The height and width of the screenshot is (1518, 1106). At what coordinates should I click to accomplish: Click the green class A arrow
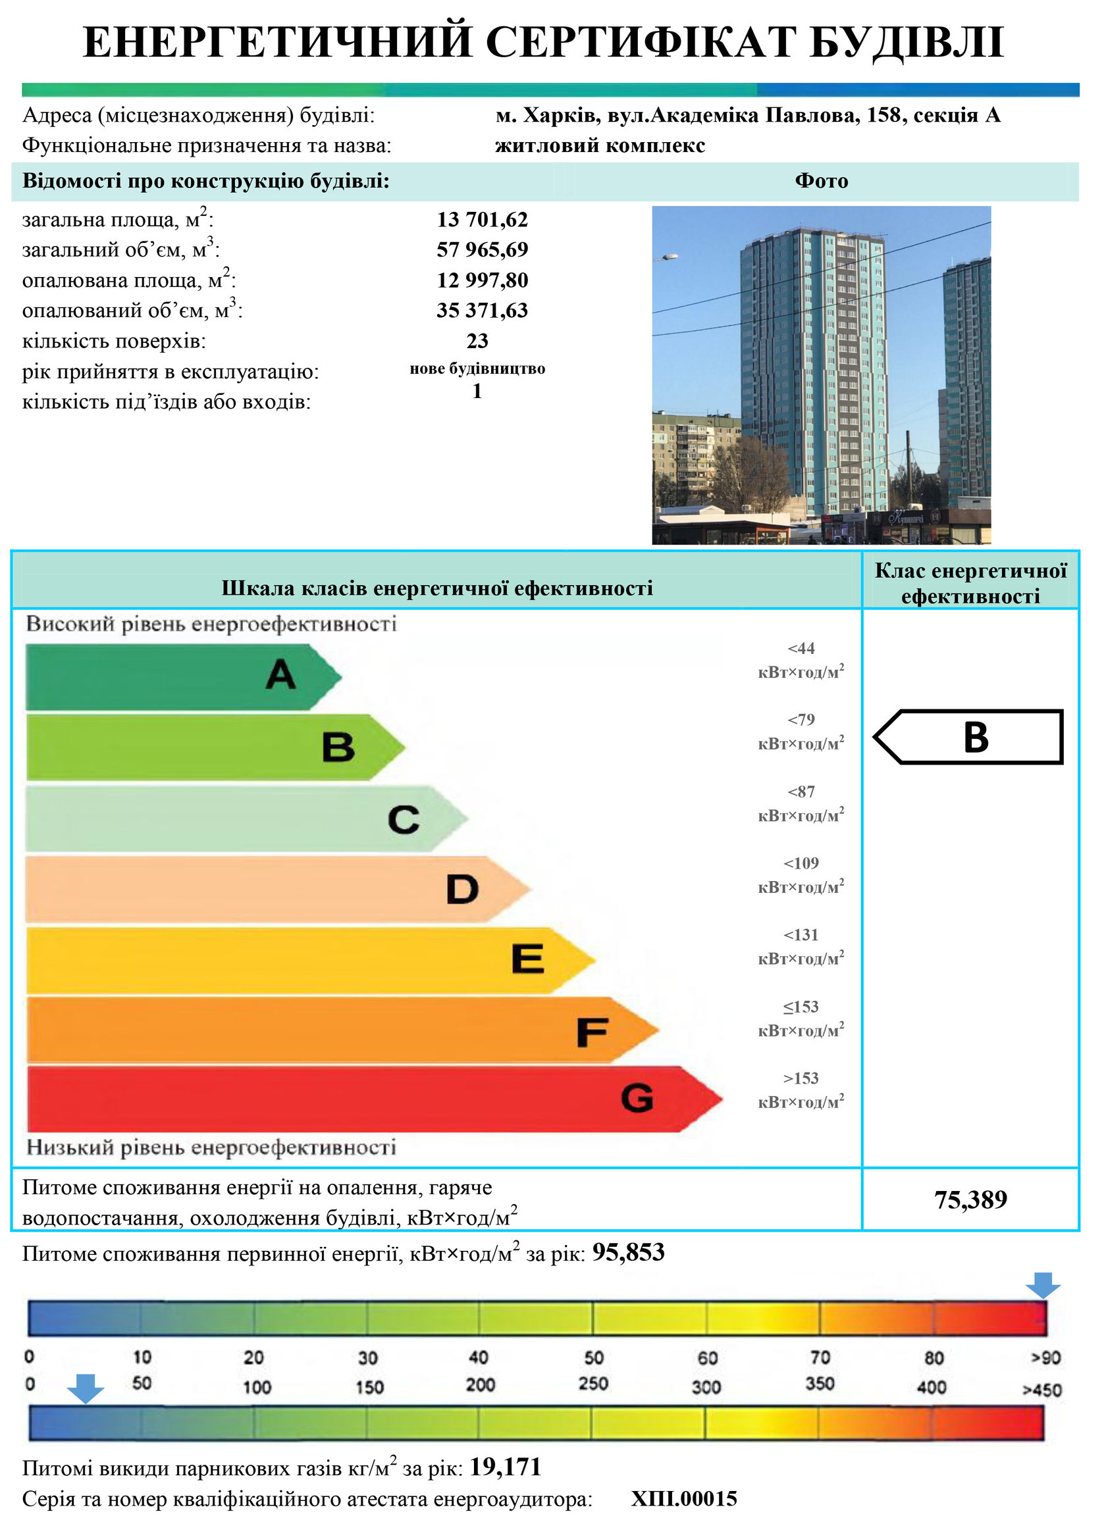tap(181, 676)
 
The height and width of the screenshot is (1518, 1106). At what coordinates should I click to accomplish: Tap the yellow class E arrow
tap(308, 960)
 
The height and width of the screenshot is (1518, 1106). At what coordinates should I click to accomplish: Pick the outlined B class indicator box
tap(970, 737)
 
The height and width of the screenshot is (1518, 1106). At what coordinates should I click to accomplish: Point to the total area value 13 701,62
tap(482, 220)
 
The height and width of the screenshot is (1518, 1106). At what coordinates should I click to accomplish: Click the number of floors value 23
tap(477, 341)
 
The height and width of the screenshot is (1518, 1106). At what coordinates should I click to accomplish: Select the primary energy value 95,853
tap(628, 1252)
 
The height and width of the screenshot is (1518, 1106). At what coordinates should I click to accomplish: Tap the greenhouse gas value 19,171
tap(505, 1467)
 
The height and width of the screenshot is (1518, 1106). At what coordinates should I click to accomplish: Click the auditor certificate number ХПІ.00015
tap(683, 1499)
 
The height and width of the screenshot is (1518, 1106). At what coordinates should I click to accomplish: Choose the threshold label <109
tap(801, 863)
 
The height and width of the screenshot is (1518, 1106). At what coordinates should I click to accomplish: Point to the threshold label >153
tap(801, 1078)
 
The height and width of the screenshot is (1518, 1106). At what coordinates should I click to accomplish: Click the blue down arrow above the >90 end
tap(1043, 1286)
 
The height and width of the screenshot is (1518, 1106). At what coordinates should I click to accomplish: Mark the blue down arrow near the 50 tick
tap(85, 1388)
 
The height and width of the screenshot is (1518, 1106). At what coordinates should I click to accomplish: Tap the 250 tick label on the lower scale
tap(593, 1383)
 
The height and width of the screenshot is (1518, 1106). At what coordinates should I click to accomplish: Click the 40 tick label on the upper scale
tap(478, 1357)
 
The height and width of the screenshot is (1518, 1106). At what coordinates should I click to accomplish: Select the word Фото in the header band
tap(822, 181)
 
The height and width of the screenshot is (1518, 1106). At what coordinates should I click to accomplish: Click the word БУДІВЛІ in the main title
tap(907, 42)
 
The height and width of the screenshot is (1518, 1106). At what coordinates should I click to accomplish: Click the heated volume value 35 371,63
tap(482, 311)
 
